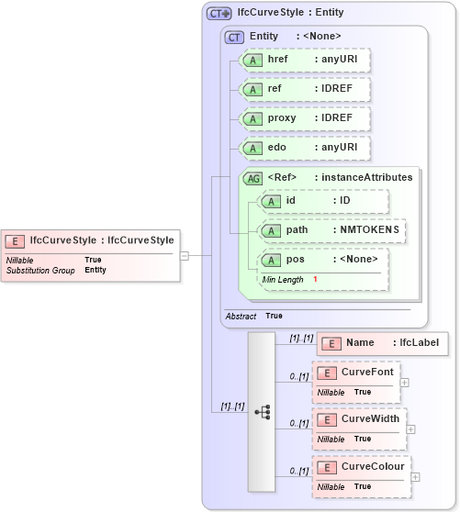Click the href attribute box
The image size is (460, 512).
point(304,60)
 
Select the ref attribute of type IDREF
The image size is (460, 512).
point(304,89)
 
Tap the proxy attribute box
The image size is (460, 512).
point(304,118)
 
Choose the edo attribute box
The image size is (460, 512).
point(304,148)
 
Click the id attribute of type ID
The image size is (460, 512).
point(324,201)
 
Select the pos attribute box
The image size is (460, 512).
point(324,259)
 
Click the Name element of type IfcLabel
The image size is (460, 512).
point(382,343)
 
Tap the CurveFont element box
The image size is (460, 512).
point(355,373)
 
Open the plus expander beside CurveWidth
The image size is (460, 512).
point(410,429)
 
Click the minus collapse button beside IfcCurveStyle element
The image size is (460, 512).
point(184,256)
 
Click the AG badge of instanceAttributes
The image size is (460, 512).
point(252,178)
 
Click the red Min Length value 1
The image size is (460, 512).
point(315,279)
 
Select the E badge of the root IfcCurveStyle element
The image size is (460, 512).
point(15,240)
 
